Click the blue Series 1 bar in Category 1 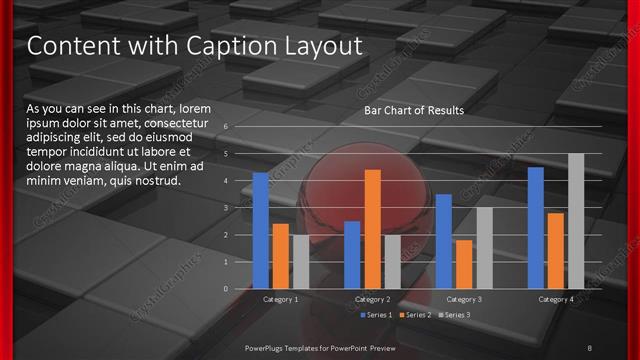tap(260, 230)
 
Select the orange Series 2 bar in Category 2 tap(372, 229)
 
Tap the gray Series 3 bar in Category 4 tap(576, 221)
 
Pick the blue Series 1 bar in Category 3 tap(443, 241)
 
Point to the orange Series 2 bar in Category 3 tap(464, 264)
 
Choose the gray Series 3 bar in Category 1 tap(301, 261)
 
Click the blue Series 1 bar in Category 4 tap(535, 228)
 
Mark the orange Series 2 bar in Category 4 tap(555, 250)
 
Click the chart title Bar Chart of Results tap(414, 109)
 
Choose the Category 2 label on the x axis tap(372, 299)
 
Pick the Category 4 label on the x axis tap(556, 299)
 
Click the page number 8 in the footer tap(589, 346)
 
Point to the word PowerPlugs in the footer tap(268, 346)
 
